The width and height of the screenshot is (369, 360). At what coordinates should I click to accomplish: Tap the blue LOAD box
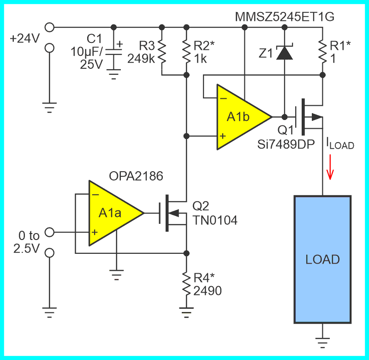click(322, 259)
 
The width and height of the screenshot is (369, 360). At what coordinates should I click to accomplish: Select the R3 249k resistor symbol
click(162, 52)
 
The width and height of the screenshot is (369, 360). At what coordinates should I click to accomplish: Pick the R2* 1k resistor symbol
click(186, 52)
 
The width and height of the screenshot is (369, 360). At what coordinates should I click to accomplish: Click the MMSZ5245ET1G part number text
click(284, 17)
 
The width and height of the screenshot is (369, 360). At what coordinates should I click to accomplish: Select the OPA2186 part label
click(136, 176)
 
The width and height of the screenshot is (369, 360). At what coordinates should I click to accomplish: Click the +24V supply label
click(25, 39)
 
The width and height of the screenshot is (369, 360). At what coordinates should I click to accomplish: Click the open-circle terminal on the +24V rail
click(50, 27)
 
